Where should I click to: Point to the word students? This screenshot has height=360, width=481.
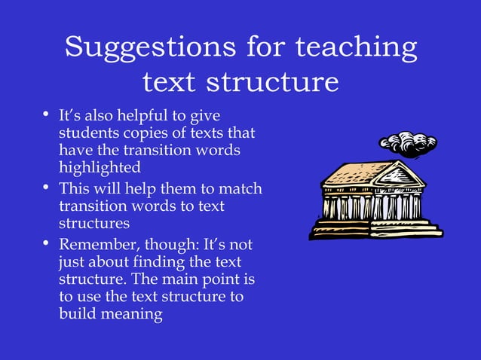click(87, 133)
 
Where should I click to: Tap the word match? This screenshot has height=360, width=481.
click(240, 188)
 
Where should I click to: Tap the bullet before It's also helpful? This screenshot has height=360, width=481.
click(46, 116)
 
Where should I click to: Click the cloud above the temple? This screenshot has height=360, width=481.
click(407, 143)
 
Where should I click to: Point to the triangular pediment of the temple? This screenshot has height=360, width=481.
click(402, 175)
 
